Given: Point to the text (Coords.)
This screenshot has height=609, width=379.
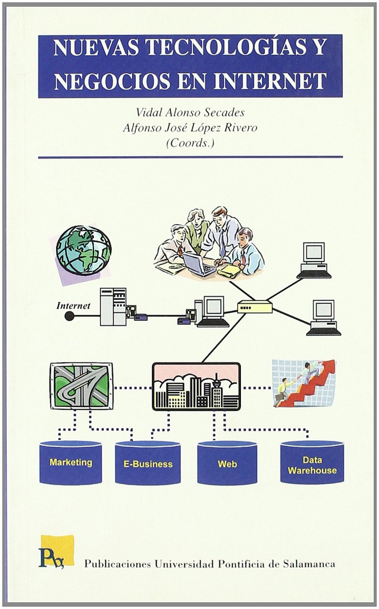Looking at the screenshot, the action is coord(190,143).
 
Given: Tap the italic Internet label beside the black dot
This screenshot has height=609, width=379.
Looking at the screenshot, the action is coord(73,305).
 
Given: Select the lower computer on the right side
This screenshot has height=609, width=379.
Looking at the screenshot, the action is coord(323,317).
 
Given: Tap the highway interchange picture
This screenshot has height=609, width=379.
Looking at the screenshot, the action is coord(81,386).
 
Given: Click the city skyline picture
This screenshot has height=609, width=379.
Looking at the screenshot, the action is coord(196,386).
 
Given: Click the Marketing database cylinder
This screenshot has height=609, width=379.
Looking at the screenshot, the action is coord(71,463).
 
